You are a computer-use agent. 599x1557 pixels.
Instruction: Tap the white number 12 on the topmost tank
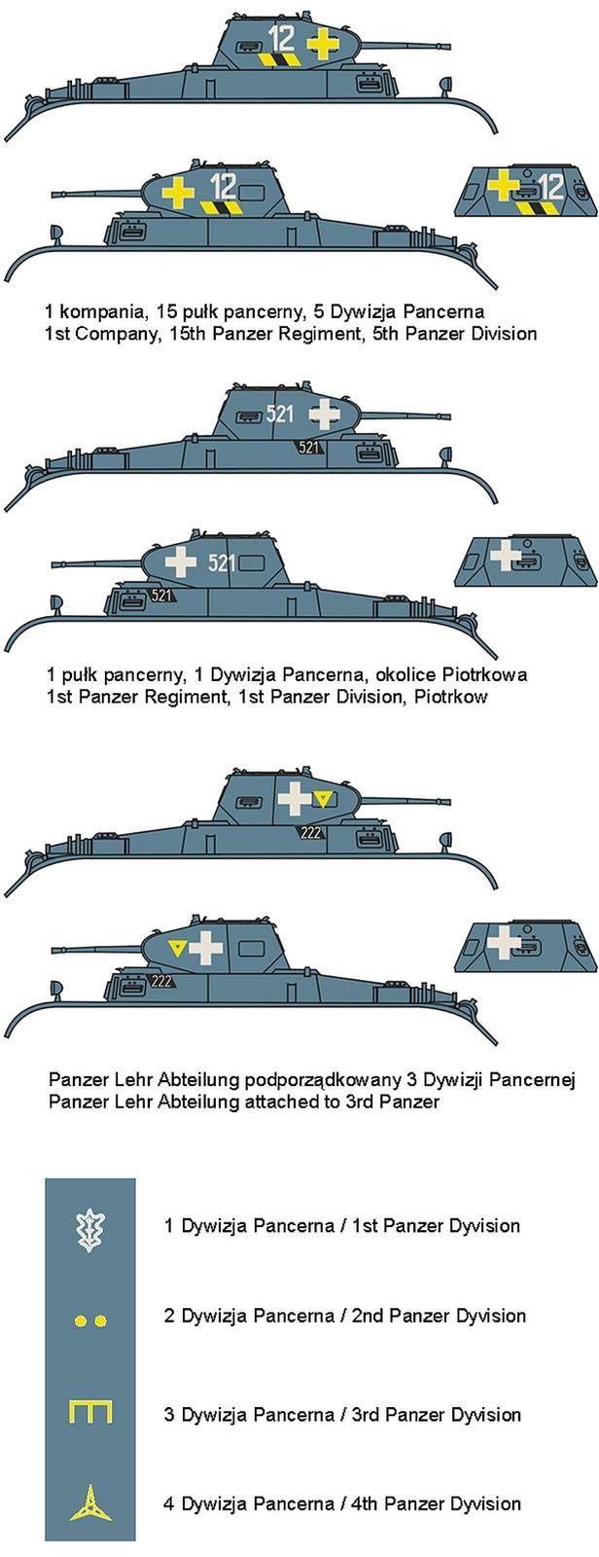pyautogui.click(x=281, y=39)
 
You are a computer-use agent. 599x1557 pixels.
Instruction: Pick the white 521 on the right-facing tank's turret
pyautogui.click(x=279, y=414)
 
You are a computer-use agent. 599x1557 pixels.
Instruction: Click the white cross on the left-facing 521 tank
pyautogui.click(x=181, y=562)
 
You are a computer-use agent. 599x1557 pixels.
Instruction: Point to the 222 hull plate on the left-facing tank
pyautogui.click(x=161, y=980)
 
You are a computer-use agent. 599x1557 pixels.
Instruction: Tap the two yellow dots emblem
pyautogui.click(x=89, y=1321)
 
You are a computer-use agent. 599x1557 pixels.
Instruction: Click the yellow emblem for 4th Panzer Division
pyautogui.click(x=89, y=1503)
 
